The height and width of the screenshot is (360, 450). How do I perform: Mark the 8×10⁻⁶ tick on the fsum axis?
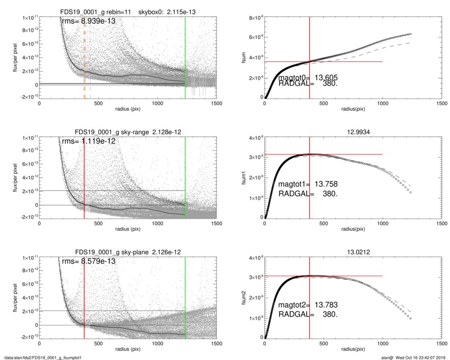pos(254,18)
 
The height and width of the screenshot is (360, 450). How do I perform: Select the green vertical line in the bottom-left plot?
pos(185,297)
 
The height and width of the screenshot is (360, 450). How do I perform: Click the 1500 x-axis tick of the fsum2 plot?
pos(441,343)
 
